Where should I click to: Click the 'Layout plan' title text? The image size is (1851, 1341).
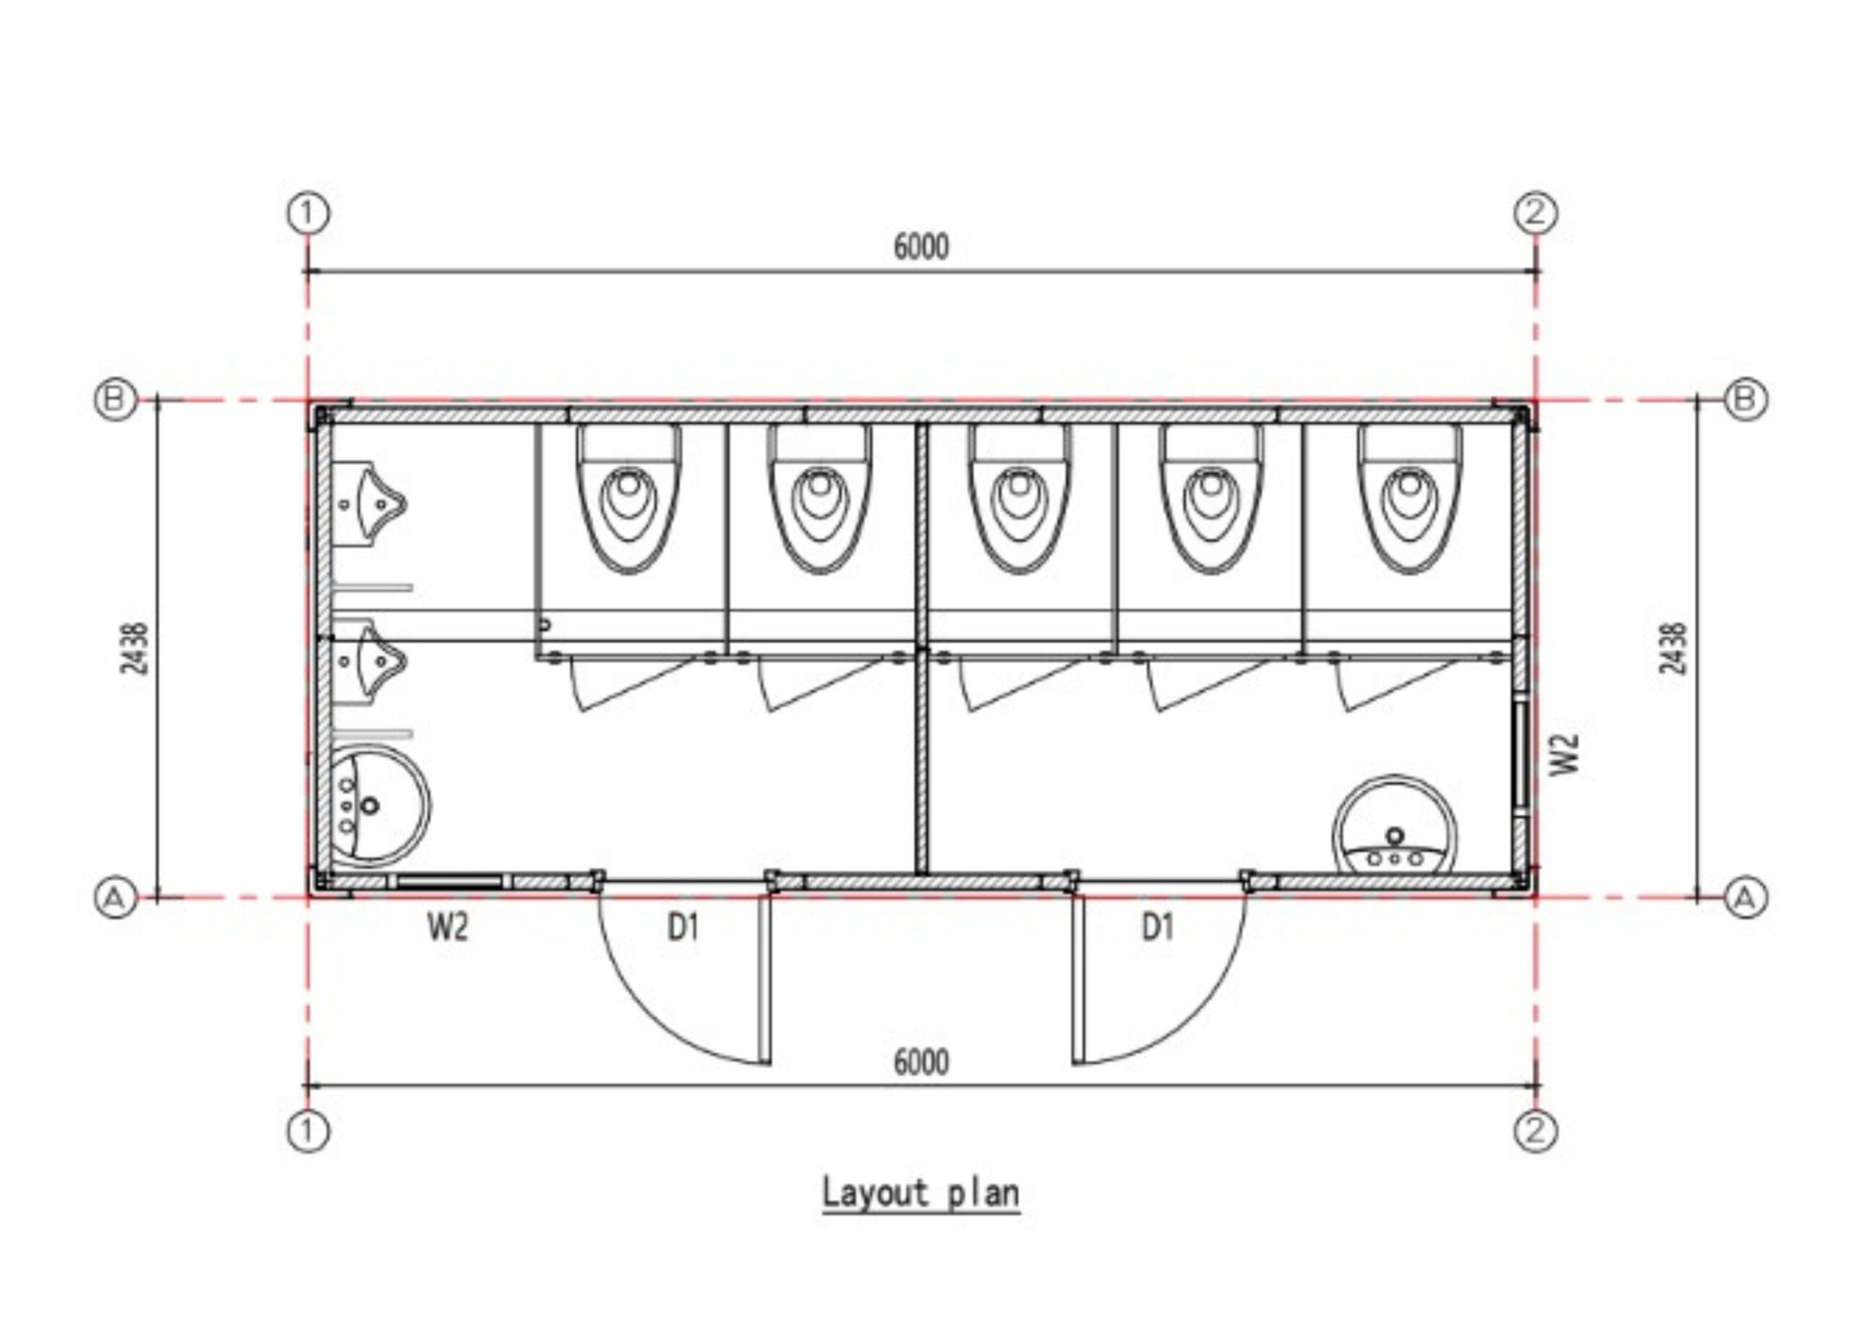920,1193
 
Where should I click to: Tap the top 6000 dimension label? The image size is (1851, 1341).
921,247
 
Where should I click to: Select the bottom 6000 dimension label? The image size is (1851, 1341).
921,1063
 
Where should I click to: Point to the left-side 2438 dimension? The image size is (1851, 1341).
134,649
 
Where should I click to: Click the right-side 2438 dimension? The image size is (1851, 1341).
1673,649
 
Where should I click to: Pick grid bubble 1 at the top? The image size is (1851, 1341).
308,214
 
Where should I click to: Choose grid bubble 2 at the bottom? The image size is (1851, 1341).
1536,1132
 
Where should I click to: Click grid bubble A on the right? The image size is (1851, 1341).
1745,898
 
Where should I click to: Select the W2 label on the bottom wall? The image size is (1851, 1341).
448,928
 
